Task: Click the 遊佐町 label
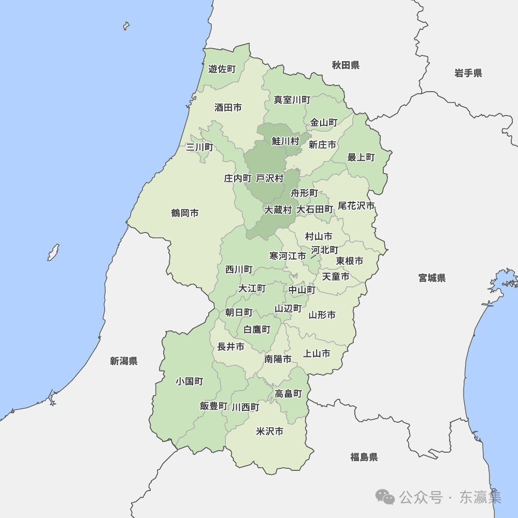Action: (x=222, y=69)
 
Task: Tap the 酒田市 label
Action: (x=228, y=108)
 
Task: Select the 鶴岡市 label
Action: (x=185, y=213)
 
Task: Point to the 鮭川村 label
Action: (x=285, y=141)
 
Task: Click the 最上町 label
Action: (x=361, y=157)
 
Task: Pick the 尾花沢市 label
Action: (x=356, y=206)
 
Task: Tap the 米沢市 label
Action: (x=269, y=431)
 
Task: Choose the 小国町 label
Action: (x=189, y=381)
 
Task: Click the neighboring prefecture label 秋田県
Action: (x=346, y=65)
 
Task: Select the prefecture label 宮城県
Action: (x=431, y=278)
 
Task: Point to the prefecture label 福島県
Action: (x=364, y=457)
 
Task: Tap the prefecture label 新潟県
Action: (x=123, y=361)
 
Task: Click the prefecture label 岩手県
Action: (x=468, y=73)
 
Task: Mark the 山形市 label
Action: (x=322, y=315)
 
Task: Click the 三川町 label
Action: (x=199, y=147)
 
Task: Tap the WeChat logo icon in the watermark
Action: (x=385, y=497)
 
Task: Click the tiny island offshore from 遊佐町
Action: (x=126, y=25)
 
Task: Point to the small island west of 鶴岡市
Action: (x=53, y=252)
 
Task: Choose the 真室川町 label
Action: (x=292, y=99)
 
